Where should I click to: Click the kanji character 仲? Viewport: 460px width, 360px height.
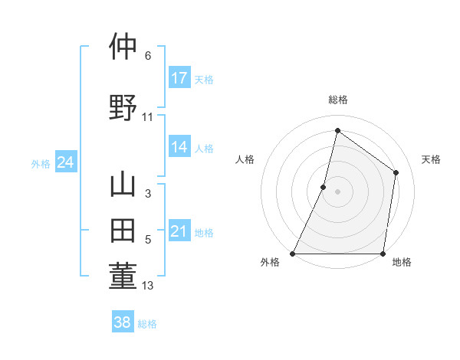[123, 47]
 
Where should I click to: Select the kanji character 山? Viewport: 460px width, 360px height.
[123, 185]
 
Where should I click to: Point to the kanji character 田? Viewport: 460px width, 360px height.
[123, 231]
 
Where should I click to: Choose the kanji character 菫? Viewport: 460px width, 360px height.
[123, 276]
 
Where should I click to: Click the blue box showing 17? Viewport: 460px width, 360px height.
[179, 78]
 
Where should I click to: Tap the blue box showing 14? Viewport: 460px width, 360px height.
[179, 148]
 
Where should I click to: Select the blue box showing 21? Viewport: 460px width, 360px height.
[179, 231]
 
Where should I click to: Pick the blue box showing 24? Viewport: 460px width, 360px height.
[65, 162]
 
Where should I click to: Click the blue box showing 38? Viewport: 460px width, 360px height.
[123, 322]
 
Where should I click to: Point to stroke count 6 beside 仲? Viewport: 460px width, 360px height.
[148, 56]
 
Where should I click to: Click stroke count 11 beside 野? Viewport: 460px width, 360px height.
[148, 117]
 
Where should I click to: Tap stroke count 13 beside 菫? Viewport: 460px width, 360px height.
[148, 286]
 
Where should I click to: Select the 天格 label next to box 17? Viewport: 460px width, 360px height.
[204, 79]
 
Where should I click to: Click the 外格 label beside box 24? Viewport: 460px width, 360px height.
[41, 163]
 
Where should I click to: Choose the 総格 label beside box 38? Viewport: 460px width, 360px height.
[147, 323]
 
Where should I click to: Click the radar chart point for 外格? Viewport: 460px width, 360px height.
[293, 254]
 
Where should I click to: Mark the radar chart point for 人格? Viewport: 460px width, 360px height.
[324, 187]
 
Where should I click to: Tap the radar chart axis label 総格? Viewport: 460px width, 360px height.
[338, 100]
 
